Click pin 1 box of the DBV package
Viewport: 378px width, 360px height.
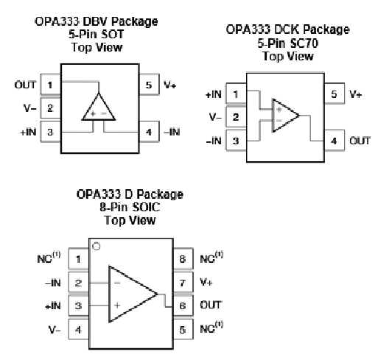(x=50, y=85)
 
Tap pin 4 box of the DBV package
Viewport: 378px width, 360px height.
(x=149, y=132)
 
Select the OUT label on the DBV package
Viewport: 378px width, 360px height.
(x=25, y=85)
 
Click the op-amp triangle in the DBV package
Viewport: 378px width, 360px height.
(x=99, y=107)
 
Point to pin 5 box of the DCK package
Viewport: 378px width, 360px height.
(x=335, y=93)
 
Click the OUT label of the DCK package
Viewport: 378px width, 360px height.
(x=360, y=141)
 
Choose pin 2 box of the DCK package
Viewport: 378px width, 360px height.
(x=236, y=117)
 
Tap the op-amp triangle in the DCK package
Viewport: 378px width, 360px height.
(x=286, y=116)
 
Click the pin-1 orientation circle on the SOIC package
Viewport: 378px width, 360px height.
(x=97, y=247)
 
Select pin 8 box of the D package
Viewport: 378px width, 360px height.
(x=183, y=258)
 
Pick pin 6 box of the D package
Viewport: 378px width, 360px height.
(x=183, y=306)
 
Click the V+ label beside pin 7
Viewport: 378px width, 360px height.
(x=206, y=282)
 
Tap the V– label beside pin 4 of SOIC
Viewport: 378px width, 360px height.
(x=55, y=330)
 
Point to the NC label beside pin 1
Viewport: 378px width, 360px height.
(x=49, y=258)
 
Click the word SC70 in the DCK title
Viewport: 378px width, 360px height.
(x=304, y=43)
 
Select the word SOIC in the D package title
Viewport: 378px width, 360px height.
(x=146, y=208)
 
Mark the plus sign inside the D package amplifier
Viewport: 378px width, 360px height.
(x=117, y=306)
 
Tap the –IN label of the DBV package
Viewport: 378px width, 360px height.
(x=172, y=132)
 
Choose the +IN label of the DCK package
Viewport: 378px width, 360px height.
(x=214, y=94)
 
